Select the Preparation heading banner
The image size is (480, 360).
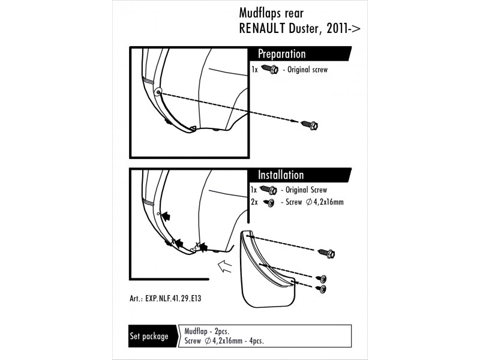pyautogui.click(x=282, y=54)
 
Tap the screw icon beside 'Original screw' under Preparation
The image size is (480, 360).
pyautogui.click(x=268, y=70)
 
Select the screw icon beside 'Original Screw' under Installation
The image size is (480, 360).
pyautogui.click(x=268, y=190)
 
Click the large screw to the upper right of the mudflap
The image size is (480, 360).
pyautogui.click(x=327, y=253)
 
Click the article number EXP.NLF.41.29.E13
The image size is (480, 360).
pyautogui.click(x=175, y=298)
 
